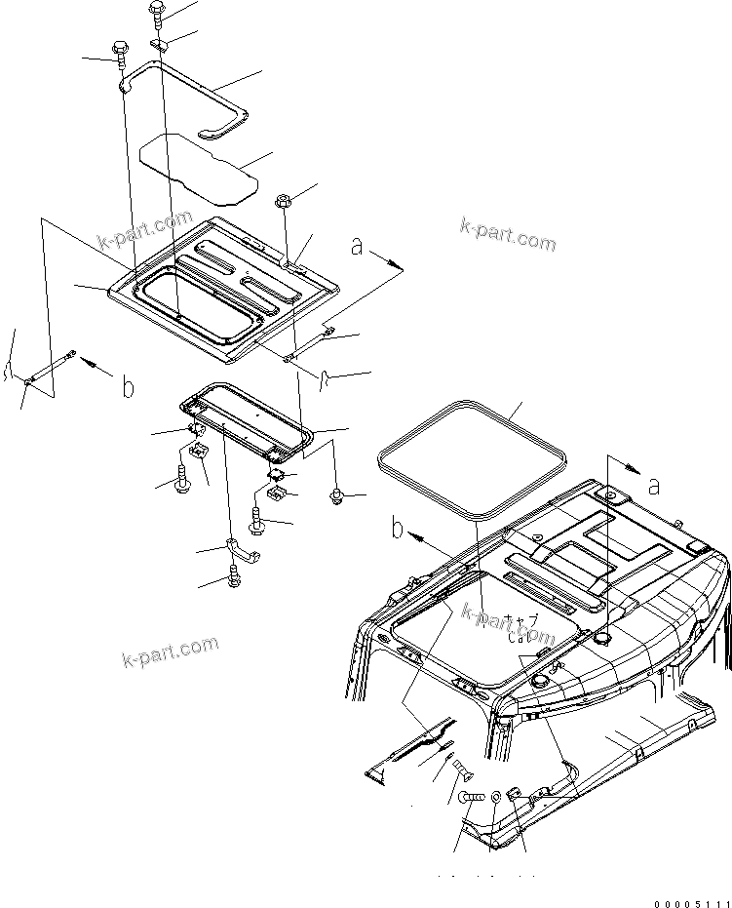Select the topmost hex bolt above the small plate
[158, 13]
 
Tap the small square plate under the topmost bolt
[161, 44]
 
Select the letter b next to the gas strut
[128, 387]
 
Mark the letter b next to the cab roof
[397, 530]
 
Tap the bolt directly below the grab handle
[234, 576]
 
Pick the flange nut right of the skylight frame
[337, 497]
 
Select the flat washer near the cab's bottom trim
[497, 797]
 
